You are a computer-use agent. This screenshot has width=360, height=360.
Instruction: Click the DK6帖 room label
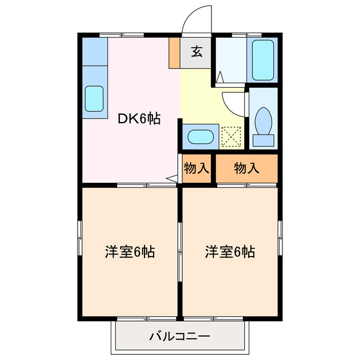(139, 119)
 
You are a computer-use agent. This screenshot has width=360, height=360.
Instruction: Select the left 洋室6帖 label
(129, 252)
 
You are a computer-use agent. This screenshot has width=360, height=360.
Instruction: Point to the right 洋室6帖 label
(229, 252)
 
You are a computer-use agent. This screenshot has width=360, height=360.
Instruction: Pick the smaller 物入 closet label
(196, 168)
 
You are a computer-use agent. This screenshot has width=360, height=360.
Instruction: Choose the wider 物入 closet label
(247, 168)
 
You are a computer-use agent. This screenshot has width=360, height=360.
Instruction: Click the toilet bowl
(263, 120)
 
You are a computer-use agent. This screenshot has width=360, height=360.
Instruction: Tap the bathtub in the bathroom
(263, 60)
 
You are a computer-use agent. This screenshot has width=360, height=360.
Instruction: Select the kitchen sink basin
(94, 99)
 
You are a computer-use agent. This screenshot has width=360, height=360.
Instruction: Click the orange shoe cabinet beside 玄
(174, 53)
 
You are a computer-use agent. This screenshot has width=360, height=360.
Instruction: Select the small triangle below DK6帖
(172, 179)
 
